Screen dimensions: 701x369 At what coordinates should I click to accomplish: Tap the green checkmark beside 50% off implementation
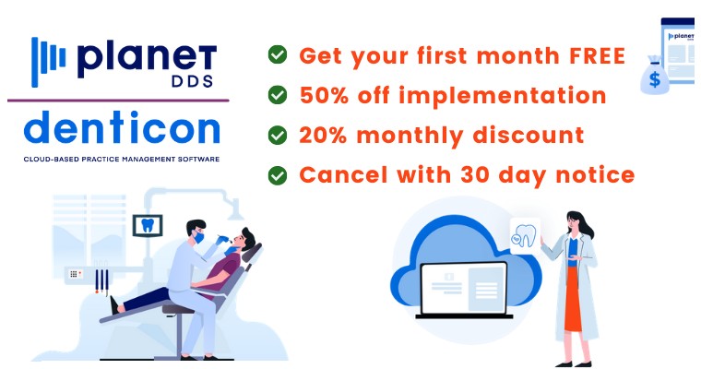[x=278, y=95]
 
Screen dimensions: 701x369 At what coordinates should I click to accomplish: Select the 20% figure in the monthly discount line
[x=323, y=135]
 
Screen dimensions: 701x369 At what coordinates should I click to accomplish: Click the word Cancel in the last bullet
[x=343, y=174]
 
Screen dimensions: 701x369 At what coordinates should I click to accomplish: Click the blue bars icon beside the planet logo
[x=48, y=62]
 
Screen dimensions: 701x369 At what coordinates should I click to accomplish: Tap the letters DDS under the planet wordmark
[x=192, y=81]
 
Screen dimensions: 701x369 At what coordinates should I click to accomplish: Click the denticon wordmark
[x=122, y=127]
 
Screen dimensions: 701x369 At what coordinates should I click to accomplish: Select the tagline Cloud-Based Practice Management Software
[x=122, y=159]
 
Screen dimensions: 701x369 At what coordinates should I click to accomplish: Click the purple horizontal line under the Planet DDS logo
[x=118, y=101]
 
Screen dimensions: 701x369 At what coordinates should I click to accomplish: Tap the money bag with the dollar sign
[x=655, y=76]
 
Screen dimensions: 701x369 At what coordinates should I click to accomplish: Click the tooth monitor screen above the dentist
[x=148, y=225]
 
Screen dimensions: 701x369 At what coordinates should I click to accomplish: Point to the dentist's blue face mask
[x=199, y=237]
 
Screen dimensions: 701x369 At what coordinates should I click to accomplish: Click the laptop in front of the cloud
[x=464, y=290]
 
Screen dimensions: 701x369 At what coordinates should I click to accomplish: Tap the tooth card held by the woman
[x=525, y=236]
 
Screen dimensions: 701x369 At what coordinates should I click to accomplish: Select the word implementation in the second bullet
[x=502, y=96]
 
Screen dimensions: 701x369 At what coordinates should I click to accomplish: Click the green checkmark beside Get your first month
[x=278, y=54]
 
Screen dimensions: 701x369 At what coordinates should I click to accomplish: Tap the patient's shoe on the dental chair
[x=114, y=305]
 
